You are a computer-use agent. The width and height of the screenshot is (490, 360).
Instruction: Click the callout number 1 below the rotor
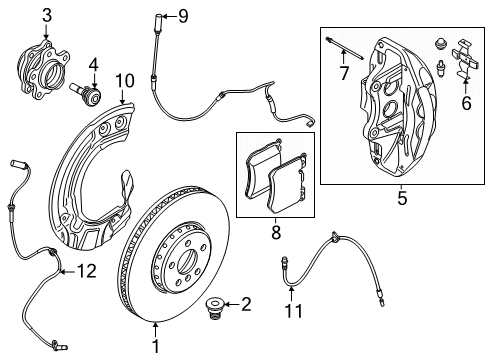[156, 346]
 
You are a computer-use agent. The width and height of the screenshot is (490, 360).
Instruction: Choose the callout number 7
[344, 75]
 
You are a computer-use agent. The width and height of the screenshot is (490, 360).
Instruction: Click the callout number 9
[182, 14]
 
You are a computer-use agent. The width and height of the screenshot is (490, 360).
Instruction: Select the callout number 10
[123, 80]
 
